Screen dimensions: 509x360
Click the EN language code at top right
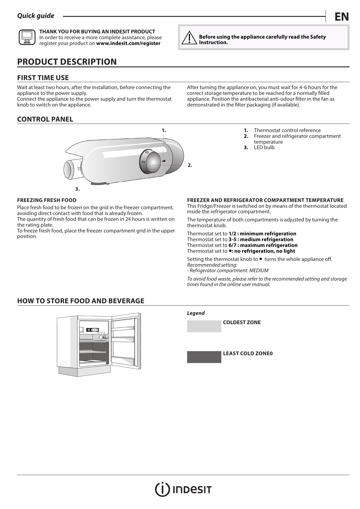tap(341, 17)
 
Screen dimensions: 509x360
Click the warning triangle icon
tap(189, 38)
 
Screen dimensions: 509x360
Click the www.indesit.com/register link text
tap(128, 44)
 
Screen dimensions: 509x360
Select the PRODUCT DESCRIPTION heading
tap(67, 62)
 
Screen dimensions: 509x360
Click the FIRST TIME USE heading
tap(43, 78)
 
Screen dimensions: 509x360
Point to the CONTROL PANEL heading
tap(45, 119)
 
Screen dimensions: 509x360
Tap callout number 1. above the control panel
tap(164, 130)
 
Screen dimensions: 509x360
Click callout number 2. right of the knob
tap(190, 165)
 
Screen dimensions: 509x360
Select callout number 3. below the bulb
tap(77, 189)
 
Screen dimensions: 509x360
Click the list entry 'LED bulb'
tap(264, 147)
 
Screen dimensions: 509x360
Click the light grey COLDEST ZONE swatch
tap(204, 326)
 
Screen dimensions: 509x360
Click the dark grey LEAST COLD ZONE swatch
tap(204, 357)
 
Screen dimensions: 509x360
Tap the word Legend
tap(196, 313)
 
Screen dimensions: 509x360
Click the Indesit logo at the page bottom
tap(183, 490)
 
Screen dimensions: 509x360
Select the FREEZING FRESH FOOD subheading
tap(47, 200)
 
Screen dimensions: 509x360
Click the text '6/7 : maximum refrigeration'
tap(263, 245)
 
